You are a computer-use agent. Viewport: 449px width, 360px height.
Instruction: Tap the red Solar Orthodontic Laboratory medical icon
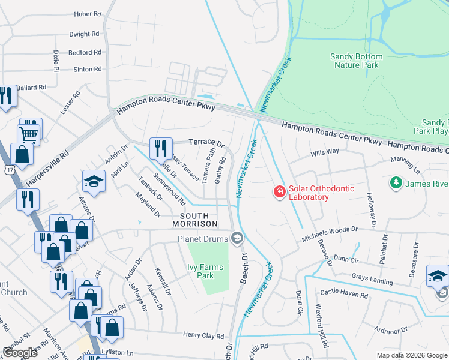(279, 192)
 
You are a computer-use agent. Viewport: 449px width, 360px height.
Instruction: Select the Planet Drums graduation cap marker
(237, 239)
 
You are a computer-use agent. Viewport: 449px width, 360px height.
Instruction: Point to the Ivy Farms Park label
(205, 272)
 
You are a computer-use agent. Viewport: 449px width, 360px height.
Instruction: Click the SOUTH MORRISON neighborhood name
(194, 220)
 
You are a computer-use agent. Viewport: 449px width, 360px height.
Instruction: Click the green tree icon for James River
(396, 182)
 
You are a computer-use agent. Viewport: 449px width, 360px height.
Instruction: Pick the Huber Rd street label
(88, 14)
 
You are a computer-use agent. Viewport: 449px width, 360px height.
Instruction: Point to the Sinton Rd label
(88, 70)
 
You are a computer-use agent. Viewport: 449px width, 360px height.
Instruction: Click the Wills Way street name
(325, 153)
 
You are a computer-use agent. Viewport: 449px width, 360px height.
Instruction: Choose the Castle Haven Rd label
(344, 295)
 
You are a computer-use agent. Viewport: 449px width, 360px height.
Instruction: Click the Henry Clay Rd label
(203, 335)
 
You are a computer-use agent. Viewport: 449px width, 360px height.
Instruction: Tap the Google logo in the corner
(20, 353)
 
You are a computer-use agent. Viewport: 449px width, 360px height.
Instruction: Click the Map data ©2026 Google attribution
(411, 355)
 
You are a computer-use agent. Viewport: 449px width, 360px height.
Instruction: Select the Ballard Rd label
(31, 88)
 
